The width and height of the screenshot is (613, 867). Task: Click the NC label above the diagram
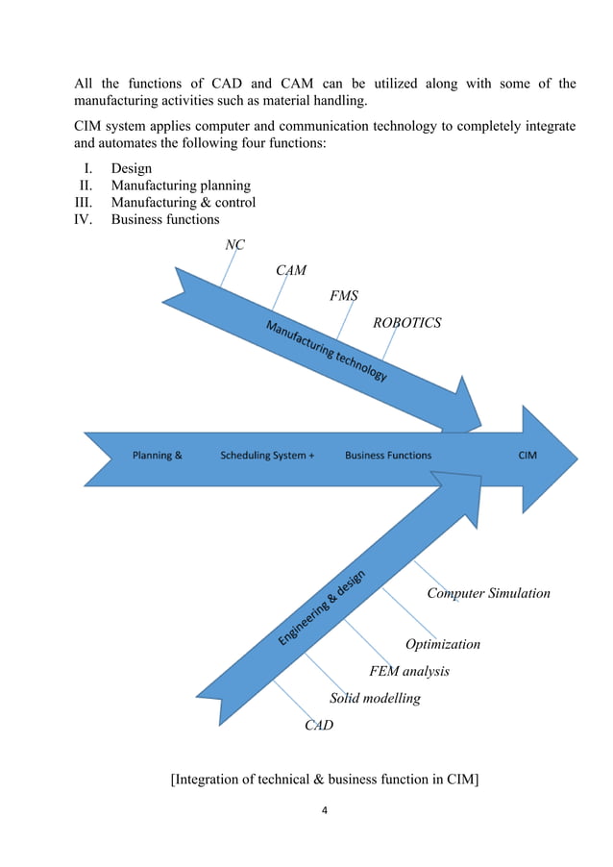tap(234, 245)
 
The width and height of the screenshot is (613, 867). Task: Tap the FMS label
tap(344, 296)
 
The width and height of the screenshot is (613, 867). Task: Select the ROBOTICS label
tap(406, 323)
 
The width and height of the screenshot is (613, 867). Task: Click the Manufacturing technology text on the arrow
tap(326, 351)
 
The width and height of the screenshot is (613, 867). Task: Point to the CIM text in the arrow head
tap(527, 456)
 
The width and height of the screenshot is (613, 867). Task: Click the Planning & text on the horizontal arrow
tap(158, 456)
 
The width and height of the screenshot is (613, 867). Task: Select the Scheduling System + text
tap(267, 456)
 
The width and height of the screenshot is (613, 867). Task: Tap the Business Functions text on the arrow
tap(388, 456)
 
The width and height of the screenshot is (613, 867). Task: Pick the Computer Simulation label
tap(488, 593)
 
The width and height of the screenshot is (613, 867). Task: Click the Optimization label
tap(442, 644)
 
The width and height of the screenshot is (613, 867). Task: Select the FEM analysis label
tap(409, 671)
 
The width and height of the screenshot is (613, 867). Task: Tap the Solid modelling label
tap(375, 698)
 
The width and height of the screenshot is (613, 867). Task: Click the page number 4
tap(325, 810)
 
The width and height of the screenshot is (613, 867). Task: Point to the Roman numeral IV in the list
tap(86, 219)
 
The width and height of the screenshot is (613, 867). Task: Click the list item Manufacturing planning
tap(181, 186)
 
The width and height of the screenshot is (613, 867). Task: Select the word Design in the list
tap(132, 168)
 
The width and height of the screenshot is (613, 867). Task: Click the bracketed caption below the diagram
tap(325, 779)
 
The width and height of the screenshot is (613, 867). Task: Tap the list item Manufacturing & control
tap(184, 203)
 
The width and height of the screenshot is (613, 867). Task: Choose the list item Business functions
tap(165, 219)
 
